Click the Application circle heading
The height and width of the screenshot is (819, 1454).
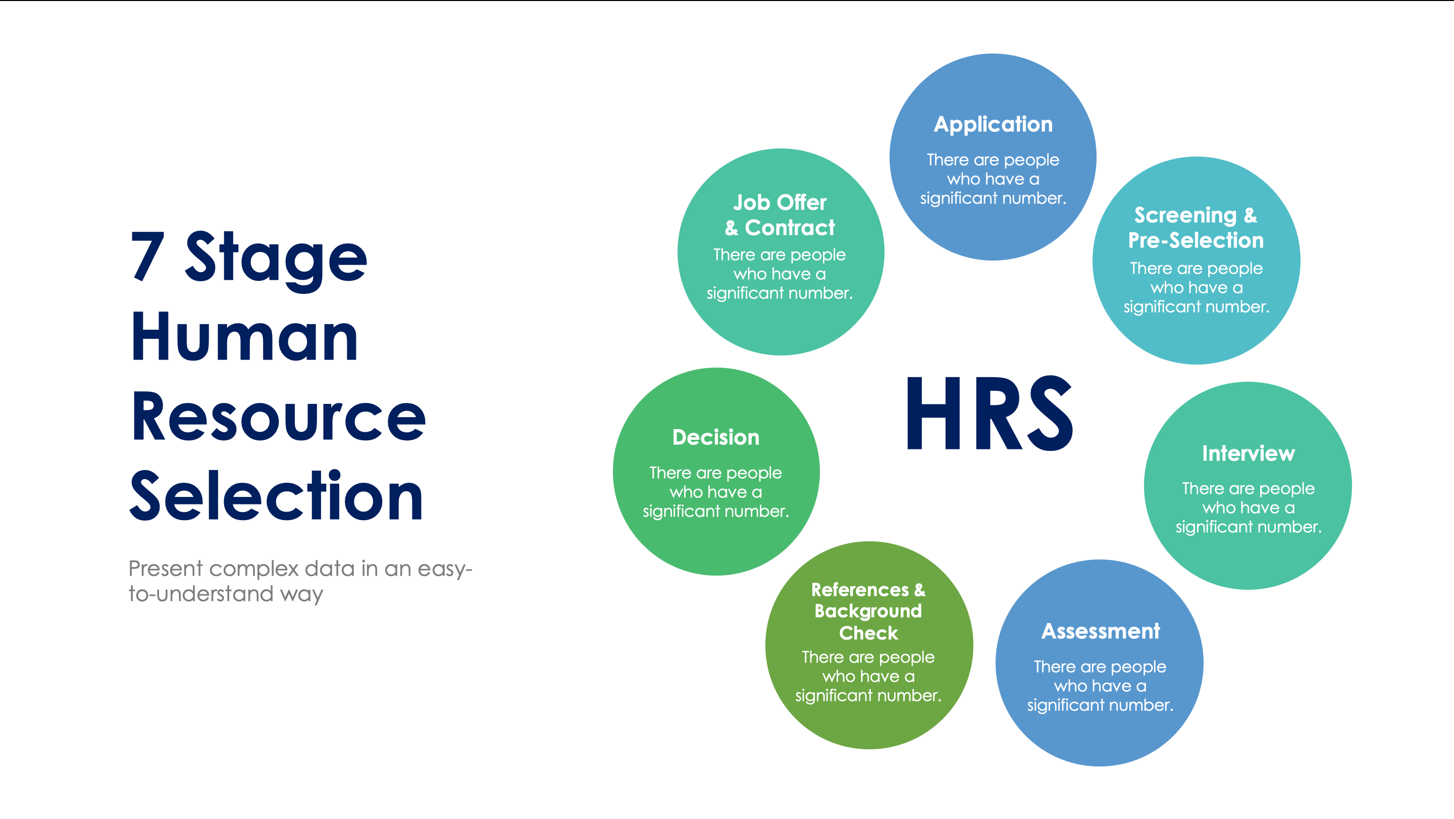coord(993,125)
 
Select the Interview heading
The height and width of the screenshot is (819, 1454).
coord(1248,454)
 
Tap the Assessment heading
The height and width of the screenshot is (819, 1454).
coord(1100,632)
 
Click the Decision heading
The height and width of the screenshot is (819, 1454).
coord(716,437)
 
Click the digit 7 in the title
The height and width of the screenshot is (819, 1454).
coord(147,258)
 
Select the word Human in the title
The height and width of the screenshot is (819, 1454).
coord(244,337)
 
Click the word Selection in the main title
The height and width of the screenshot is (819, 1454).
coord(276,496)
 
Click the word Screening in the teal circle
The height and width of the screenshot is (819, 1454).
coord(1185,216)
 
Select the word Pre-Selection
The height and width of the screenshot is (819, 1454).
coord(1196,241)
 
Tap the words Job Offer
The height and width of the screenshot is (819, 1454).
coord(780,202)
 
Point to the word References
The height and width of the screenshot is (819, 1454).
coord(860,590)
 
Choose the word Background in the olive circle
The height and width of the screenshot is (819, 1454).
coord(868,611)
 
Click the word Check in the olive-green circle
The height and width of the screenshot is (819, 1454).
coord(868,633)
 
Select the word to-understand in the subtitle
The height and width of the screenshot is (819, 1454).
coord(200,594)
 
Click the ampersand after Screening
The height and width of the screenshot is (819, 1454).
coord(1250,216)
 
